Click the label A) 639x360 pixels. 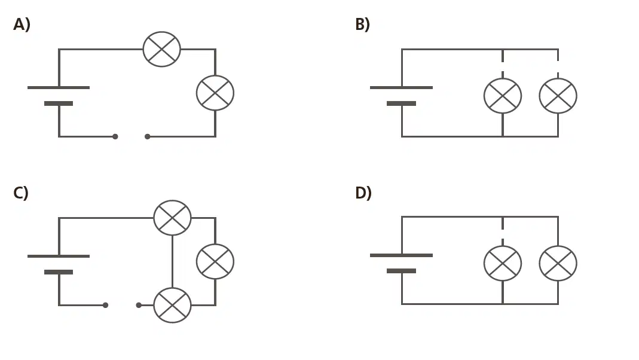22,25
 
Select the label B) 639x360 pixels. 362,25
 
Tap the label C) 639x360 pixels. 21,193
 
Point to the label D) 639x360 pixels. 363,193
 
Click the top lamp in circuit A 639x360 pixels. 162,49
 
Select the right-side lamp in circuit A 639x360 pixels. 215,93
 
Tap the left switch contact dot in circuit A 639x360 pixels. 115,136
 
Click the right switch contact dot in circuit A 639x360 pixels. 148,136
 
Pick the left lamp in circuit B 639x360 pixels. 503,96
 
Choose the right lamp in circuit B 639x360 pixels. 558,96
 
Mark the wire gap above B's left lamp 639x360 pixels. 503,66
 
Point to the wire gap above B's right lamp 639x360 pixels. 558,67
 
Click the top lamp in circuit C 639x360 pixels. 172,218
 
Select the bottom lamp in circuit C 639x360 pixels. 172,305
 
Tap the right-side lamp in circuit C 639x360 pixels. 215,261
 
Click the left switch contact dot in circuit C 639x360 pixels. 106,305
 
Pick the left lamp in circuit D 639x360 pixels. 503,263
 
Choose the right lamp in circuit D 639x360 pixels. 558,263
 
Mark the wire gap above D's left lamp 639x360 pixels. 503,234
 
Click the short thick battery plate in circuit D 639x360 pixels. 402,271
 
